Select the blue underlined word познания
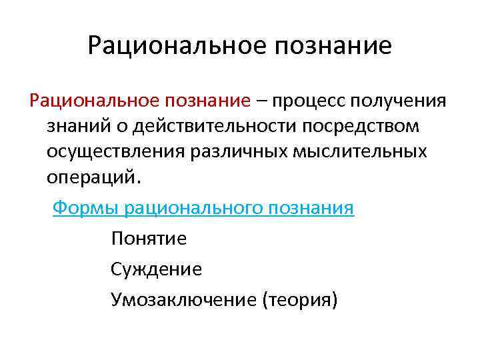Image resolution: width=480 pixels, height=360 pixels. click(x=312, y=208)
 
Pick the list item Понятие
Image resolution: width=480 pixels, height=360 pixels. click(x=149, y=239)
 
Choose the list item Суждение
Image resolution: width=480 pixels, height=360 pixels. click(x=157, y=269)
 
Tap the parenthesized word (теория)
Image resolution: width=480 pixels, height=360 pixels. click(x=300, y=300)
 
